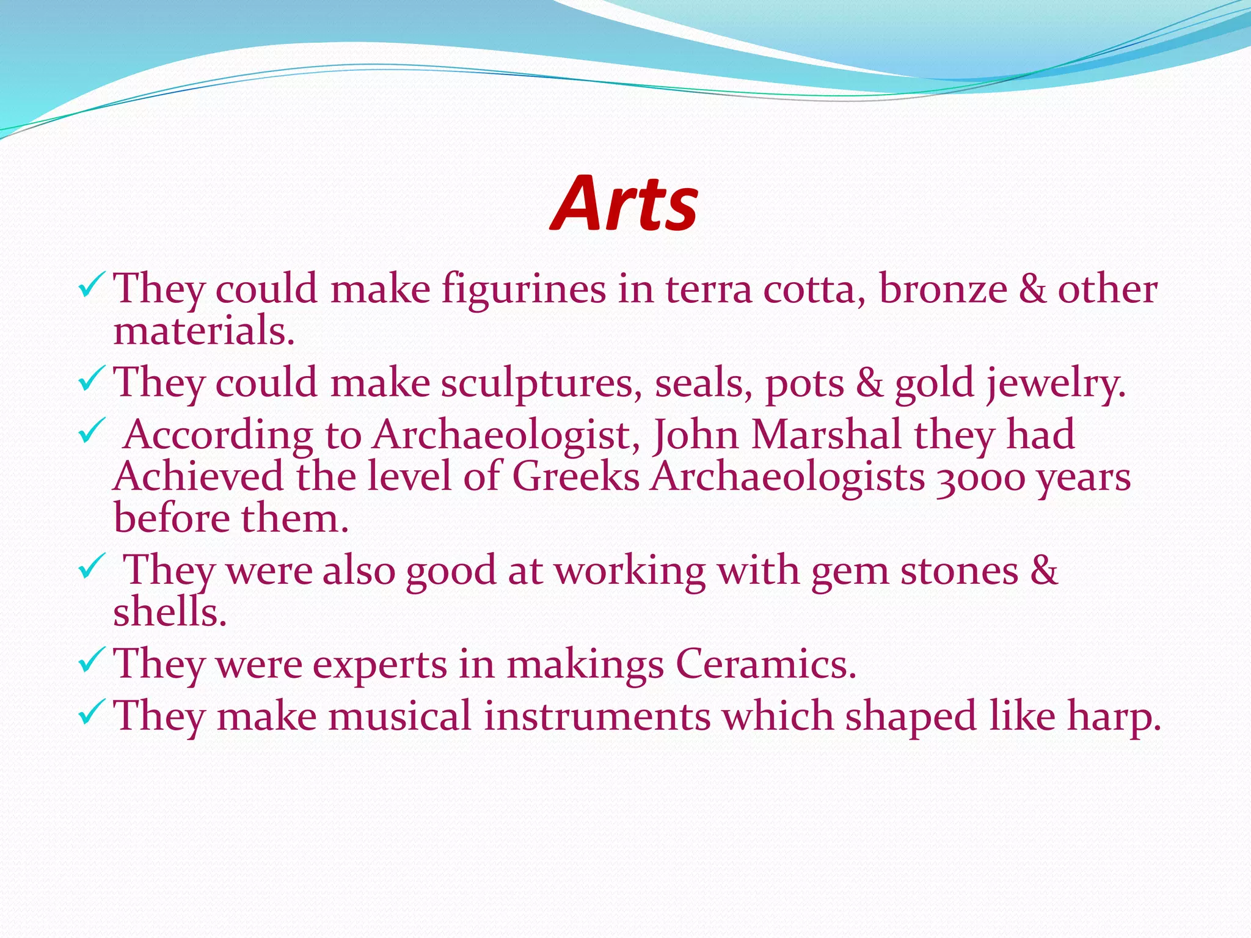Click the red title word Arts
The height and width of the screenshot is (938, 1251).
[624, 203]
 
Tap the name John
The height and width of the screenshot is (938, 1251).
[696, 435]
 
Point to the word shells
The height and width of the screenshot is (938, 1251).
[170, 612]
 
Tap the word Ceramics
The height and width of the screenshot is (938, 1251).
[766, 664]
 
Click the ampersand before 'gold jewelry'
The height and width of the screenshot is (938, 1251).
[869, 383]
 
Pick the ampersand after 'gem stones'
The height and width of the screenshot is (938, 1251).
[1044, 570]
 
